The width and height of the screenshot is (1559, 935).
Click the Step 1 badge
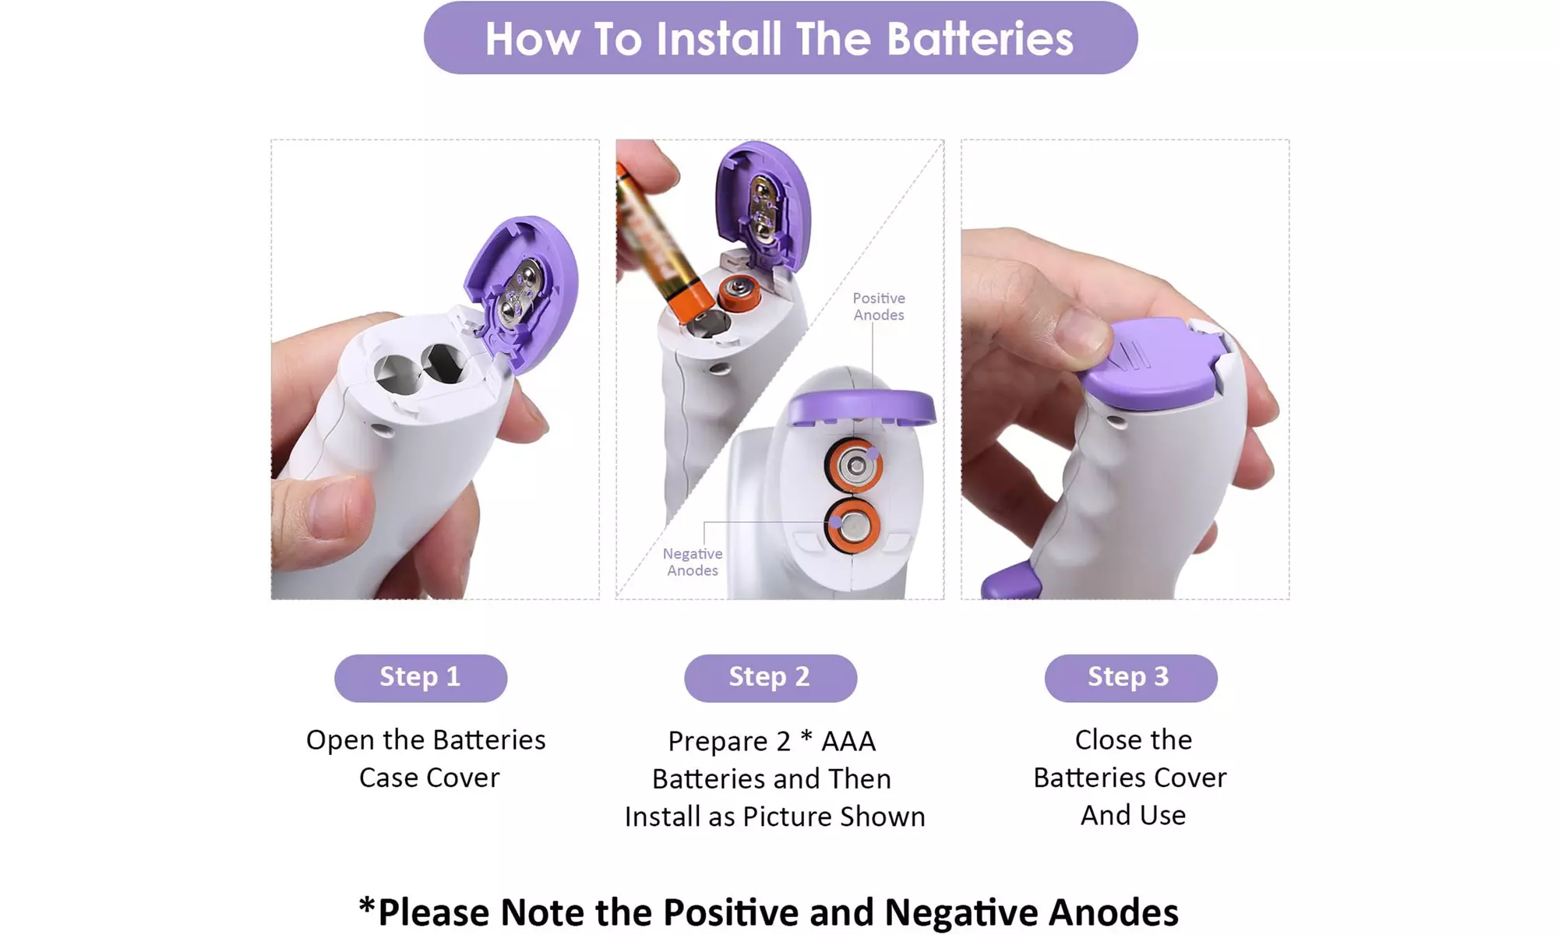click(421, 678)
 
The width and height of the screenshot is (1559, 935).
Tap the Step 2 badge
click(771, 678)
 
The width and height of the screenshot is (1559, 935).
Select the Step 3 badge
click(1130, 678)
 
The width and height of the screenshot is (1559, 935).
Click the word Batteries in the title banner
click(980, 38)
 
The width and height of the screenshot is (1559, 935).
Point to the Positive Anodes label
click(879, 306)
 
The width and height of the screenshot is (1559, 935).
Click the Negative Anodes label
click(693, 562)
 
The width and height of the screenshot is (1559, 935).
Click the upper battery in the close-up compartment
click(854, 466)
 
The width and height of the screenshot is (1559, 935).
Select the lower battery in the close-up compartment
click(853, 527)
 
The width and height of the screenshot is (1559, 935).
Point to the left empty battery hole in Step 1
click(397, 372)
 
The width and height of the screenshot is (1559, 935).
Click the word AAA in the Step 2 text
click(848, 741)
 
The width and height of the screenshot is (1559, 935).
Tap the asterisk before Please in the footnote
click(367, 906)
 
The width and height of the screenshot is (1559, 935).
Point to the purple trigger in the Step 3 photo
click(1011, 581)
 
